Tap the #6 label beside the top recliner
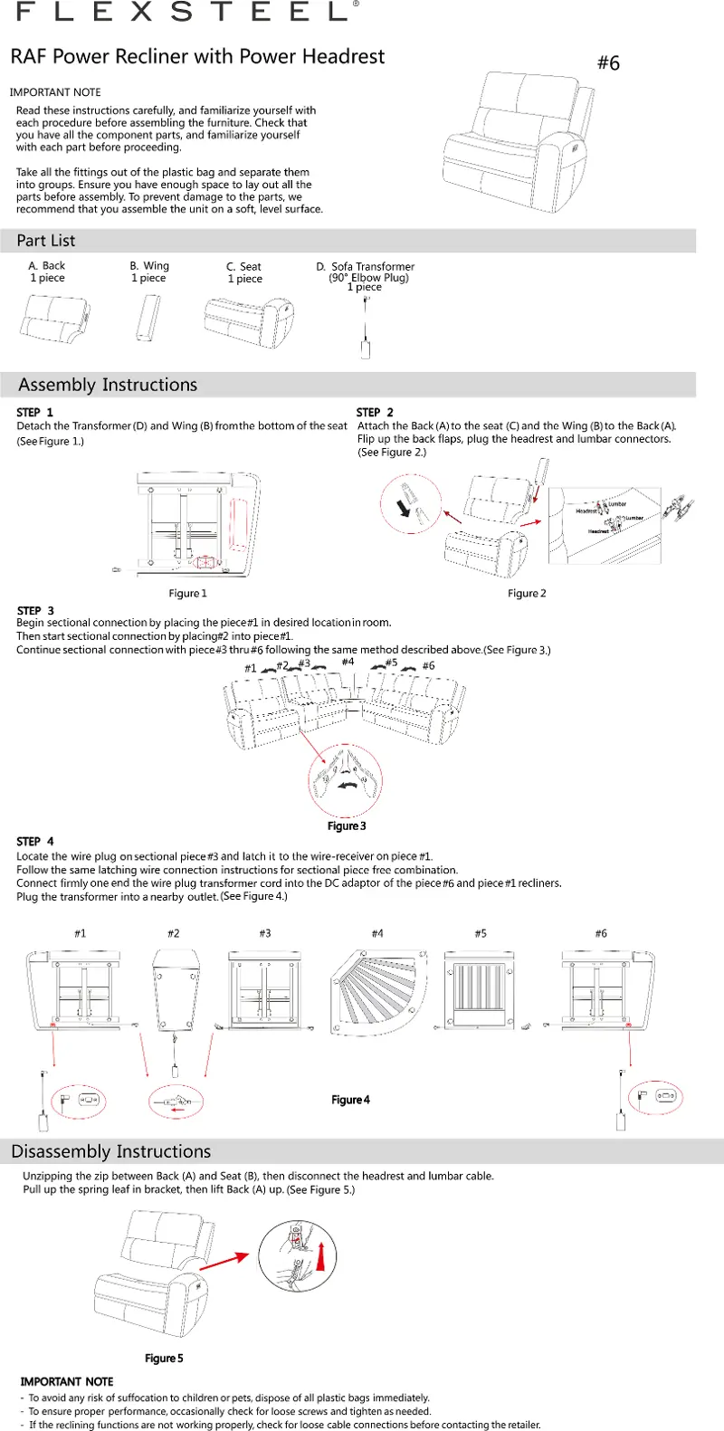tap(608, 63)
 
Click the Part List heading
tap(46, 241)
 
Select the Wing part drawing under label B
tap(148, 318)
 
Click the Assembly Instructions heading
tap(108, 385)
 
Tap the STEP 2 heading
tap(375, 413)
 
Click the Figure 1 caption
tap(188, 594)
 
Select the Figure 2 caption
tap(527, 594)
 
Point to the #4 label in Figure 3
tap(348, 663)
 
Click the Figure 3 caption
tap(347, 826)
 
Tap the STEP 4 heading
tap(35, 842)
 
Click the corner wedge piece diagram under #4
tap(377, 991)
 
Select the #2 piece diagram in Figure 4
tap(176, 990)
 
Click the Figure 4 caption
tap(350, 1101)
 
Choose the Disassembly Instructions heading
tap(111, 1152)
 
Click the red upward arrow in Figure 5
tap(320, 1257)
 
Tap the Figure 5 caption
tap(164, 1359)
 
